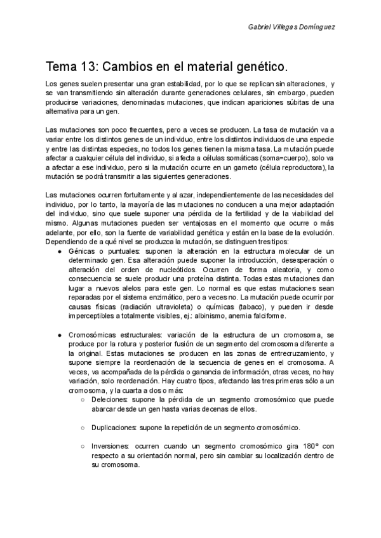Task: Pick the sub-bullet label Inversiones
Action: (x=112, y=447)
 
